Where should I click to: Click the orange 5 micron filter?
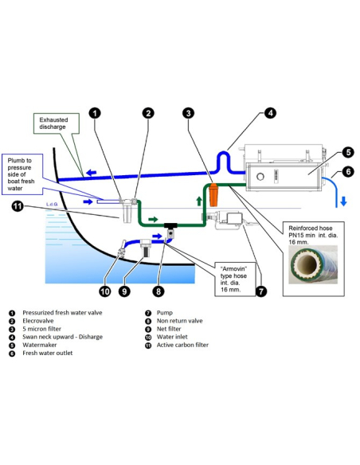[x=213, y=194]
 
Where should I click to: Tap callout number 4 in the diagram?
[x=270, y=113]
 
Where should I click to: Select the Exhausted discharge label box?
[x=56, y=123]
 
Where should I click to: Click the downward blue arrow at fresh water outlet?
[x=343, y=201]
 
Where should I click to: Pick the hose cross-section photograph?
[x=313, y=264]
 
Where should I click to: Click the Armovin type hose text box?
[x=235, y=279]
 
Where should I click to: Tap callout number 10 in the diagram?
[x=104, y=291]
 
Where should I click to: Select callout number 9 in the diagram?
[x=124, y=291]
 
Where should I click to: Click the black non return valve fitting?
[x=170, y=230]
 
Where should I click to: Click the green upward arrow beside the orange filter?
[x=199, y=201]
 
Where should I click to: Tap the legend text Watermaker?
[x=40, y=345]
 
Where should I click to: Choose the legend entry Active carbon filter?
[x=182, y=345]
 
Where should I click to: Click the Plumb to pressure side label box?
[x=22, y=174]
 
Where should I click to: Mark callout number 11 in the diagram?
[x=18, y=206]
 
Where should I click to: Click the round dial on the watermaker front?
[x=260, y=177]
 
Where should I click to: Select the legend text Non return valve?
[x=179, y=321]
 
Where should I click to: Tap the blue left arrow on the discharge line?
[x=92, y=172]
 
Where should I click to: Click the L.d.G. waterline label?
[x=52, y=205]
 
